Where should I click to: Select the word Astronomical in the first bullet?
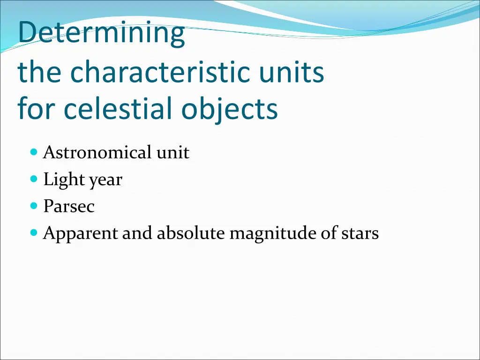(x=97, y=152)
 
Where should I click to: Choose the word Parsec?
(x=69, y=206)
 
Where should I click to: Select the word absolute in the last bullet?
(x=191, y=233)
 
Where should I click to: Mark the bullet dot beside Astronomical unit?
(x=33, y=152)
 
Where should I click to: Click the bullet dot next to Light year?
(x=33, y=179)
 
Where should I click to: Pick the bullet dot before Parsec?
(x=33, y=205)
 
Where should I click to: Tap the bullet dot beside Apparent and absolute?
(x=33, y=232)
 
